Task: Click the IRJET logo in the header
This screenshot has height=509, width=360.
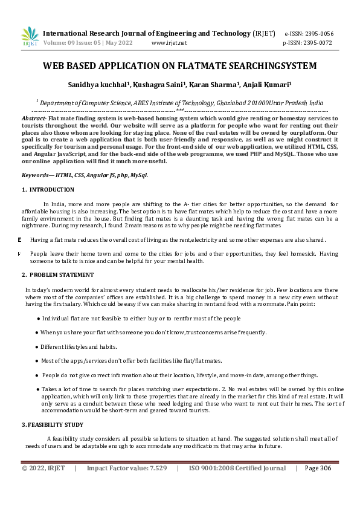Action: coord(30,36)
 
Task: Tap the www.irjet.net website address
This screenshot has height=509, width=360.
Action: coord(169,44)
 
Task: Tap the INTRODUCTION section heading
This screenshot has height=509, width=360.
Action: coord(51,190)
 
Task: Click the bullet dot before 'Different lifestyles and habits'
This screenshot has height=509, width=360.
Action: coord(37,347)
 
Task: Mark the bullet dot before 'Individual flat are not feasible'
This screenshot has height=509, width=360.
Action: coord(39,318)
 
